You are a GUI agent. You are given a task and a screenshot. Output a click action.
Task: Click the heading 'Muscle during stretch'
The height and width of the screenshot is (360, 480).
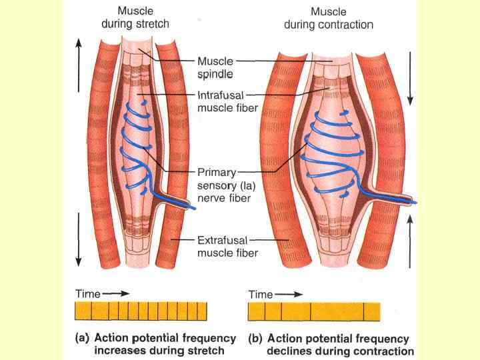(135, 17)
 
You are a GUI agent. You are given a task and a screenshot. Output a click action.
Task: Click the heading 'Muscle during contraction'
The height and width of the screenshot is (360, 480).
(329, 18)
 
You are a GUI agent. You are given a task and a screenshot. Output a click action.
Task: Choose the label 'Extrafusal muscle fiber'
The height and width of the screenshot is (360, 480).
(227, 245)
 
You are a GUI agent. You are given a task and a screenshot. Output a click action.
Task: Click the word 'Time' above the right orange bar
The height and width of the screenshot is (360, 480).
(261, 294)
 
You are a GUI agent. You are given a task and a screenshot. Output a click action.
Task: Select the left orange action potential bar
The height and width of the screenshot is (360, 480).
(141, 311)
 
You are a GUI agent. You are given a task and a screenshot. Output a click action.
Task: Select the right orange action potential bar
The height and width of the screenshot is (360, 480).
(313, 311)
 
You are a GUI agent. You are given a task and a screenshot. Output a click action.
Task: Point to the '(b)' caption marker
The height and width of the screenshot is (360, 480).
(255, 339)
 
